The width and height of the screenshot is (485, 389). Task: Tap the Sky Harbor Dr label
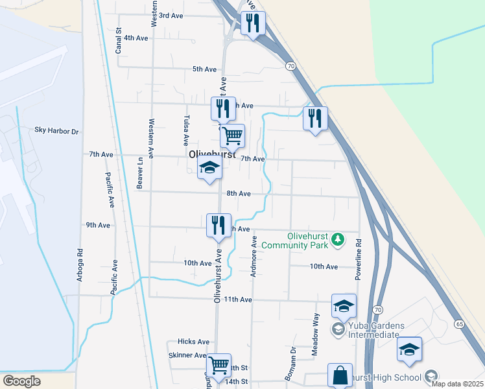click(56, 132)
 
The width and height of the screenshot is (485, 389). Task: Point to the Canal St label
click(119, 40)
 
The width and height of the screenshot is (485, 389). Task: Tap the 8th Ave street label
click(239, 194)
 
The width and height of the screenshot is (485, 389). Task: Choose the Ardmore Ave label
click(254, 257)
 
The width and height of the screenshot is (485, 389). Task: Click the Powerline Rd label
click(357, 259)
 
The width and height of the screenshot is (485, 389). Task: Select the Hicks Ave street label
click(194, 342)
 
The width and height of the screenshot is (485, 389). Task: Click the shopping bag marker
click(340, 374)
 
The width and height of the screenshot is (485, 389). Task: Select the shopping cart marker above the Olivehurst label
click(231, 136)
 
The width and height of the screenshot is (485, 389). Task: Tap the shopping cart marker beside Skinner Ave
click(219, 365)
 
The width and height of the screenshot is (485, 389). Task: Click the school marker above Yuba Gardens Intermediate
click(344, 305)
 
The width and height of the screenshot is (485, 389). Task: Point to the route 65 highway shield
click(459, 323)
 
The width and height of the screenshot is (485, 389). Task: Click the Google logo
click(21, 381)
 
